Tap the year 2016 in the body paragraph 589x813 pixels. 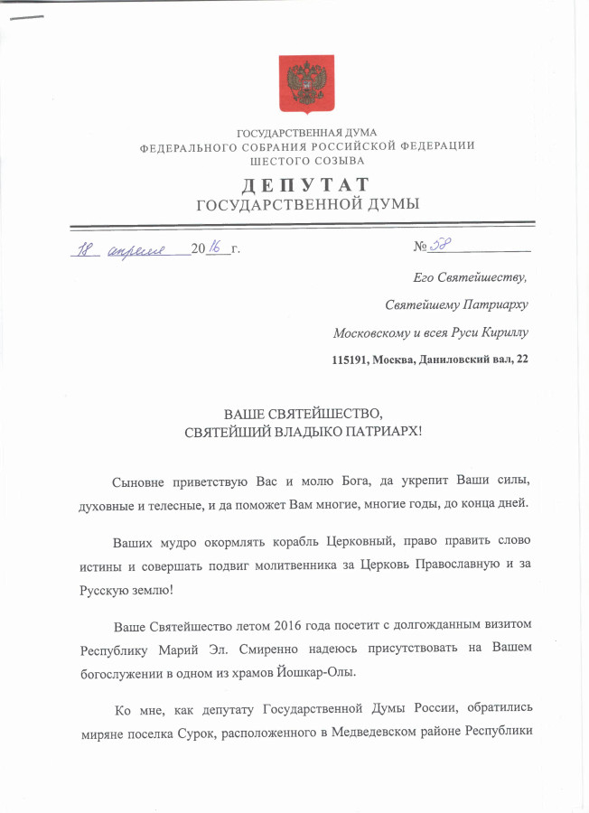coord(276,626)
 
